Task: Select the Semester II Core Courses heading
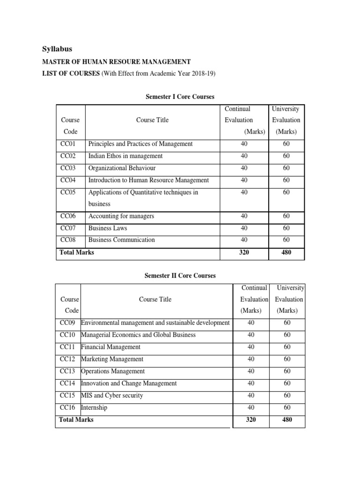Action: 180,276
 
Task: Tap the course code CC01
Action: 68,144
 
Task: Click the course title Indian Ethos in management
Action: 126,156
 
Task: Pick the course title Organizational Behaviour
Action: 122,168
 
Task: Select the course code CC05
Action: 68,193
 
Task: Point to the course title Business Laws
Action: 108,228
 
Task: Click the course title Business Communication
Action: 121,240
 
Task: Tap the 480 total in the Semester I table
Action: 286,253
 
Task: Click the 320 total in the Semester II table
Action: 251,420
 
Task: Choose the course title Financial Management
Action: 111,347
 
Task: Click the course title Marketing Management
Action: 112,359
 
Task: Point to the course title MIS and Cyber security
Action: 112,396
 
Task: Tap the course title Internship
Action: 94,408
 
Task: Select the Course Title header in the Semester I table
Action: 152,120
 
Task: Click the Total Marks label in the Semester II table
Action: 76,420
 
